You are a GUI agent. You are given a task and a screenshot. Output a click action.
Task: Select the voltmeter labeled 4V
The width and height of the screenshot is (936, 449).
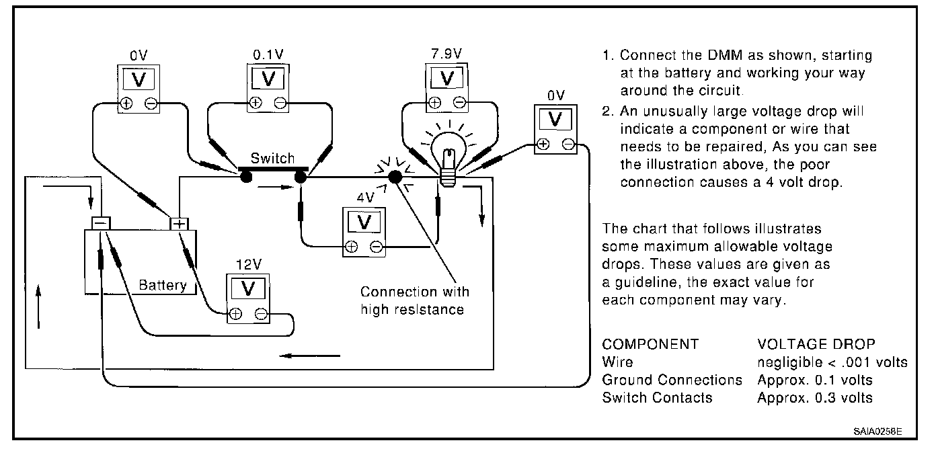364,231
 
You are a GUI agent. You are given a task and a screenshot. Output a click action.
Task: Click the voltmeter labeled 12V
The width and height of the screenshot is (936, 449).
248,298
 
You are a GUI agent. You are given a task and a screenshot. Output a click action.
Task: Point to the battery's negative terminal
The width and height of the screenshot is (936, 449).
101,222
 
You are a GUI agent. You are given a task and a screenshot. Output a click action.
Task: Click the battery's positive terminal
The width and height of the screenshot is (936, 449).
180,224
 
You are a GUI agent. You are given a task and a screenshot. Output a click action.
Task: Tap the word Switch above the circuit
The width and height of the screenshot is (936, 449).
272,159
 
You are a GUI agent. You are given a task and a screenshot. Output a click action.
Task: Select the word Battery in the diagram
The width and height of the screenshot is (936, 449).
162,285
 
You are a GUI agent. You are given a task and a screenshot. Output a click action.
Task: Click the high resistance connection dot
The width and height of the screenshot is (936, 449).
395,177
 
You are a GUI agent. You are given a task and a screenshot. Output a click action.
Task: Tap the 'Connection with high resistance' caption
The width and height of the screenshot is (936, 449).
414,300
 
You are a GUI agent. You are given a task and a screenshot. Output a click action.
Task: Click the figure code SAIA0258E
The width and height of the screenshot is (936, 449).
879,430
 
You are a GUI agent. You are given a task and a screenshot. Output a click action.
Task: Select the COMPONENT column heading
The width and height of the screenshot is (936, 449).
650,344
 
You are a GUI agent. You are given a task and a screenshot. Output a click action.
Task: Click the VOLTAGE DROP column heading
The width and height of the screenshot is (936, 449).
816,344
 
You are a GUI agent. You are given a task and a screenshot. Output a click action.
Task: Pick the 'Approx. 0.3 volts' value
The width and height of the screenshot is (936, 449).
815,398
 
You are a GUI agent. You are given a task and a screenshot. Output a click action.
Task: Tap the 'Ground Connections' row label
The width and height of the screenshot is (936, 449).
672,380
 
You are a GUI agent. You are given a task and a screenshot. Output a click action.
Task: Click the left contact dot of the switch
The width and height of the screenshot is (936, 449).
245,177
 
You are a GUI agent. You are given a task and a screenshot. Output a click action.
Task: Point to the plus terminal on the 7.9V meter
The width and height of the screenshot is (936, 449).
434,103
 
